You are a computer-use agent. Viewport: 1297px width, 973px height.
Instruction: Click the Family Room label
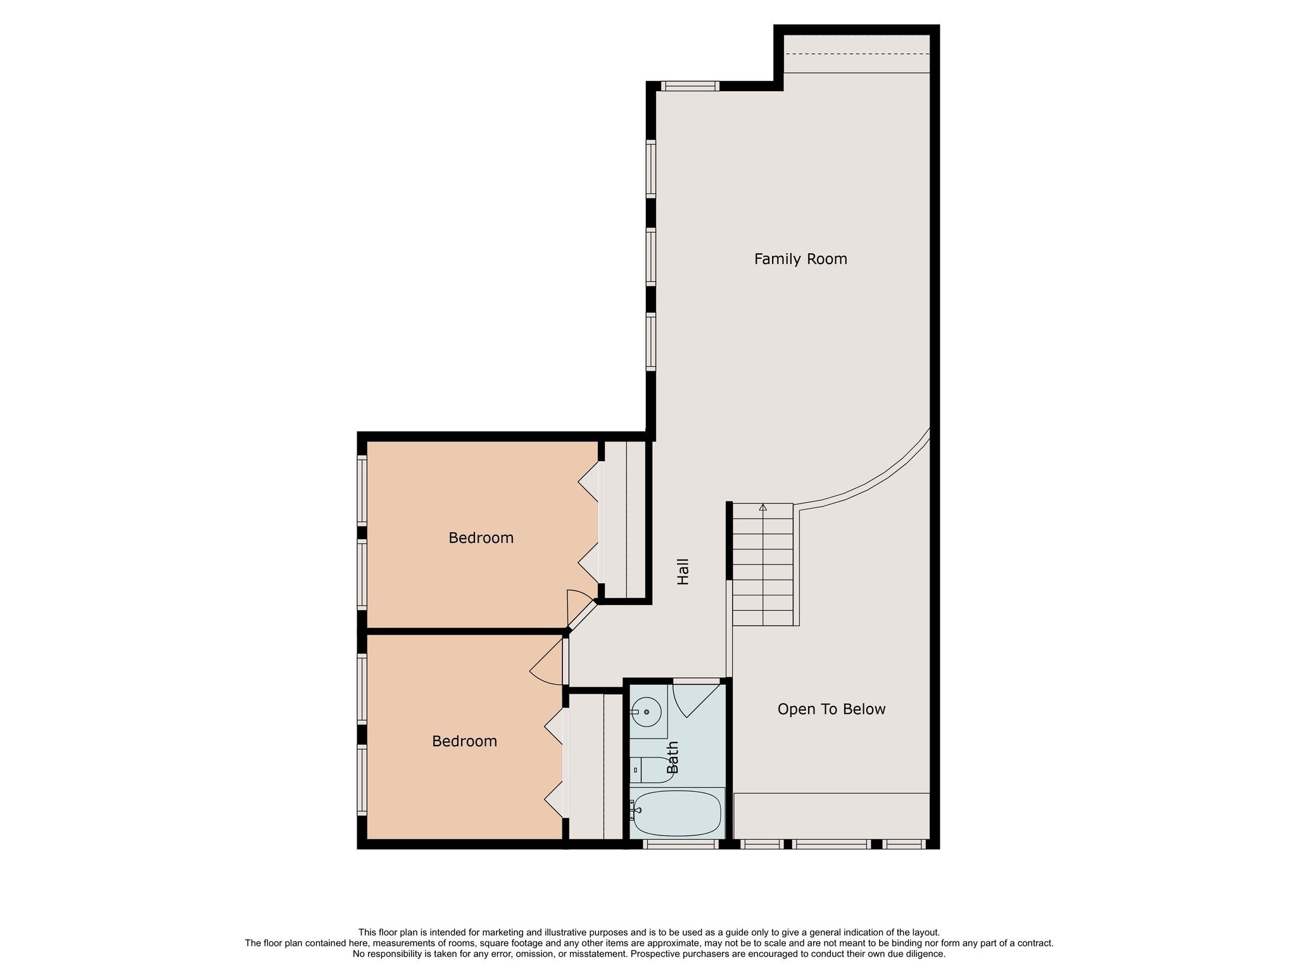point(800,259)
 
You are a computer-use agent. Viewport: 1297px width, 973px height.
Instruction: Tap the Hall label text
point(683,571)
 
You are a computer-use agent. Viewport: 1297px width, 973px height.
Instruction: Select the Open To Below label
point(832,709)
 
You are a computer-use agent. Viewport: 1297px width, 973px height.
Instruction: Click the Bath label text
point(673,758)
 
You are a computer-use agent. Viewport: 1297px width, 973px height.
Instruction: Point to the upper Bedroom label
point(481,538)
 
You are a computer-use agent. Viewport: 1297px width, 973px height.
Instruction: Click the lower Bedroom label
point(465,741)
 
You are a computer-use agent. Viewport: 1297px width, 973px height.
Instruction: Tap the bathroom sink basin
point(647,712)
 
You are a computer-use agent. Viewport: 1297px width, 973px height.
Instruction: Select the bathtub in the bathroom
point(677,813)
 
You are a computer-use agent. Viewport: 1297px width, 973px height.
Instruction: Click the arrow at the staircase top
point(763,507)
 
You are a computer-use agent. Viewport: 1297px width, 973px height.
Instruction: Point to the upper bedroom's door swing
point(579,606)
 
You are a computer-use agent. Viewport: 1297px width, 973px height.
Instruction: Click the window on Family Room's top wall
point(690,86)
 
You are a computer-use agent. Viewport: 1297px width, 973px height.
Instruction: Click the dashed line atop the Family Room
point(857,54)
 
